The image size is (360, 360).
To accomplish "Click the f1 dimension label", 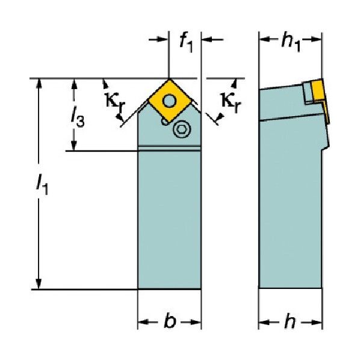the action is click(186, 43).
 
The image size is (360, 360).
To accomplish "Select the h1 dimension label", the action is click(291, 43).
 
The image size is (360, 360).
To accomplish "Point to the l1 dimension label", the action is click(42, 185).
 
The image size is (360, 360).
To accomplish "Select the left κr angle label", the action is click(115, 102).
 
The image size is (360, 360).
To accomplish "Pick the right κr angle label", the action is click(231, 102).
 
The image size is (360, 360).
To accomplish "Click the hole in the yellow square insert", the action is click(169, 101).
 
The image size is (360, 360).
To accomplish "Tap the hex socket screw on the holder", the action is click(182, 129).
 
